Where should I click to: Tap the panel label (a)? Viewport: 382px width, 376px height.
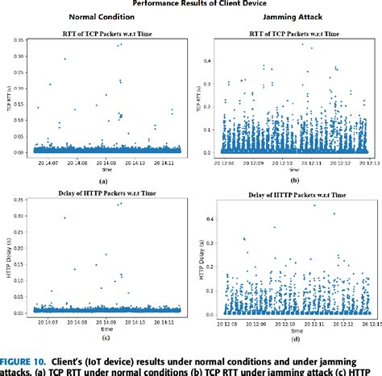point(102,182)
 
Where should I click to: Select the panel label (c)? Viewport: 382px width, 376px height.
point(102,339)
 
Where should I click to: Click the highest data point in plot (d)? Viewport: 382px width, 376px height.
point(334,213)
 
